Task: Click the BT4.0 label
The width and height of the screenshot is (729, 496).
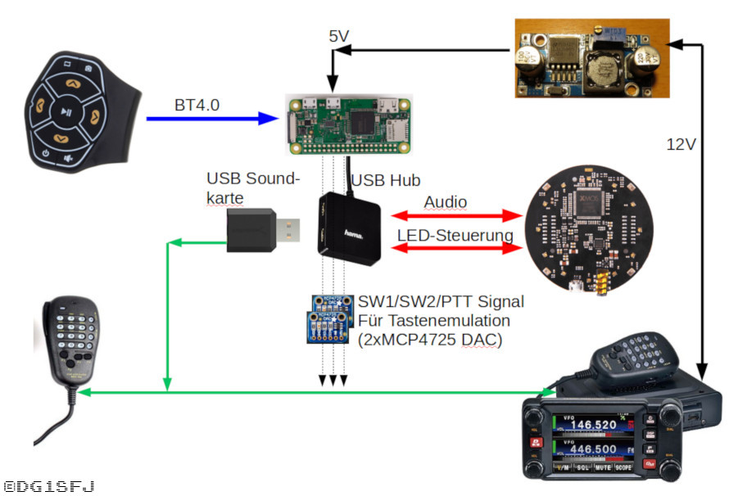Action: coord(197,106)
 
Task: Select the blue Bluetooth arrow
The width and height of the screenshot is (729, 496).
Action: coord(213,119)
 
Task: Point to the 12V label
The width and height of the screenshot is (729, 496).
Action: coord(681,145)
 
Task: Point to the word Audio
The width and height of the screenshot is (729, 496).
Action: coord(446,201)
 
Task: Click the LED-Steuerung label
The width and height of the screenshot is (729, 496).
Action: coord(455,236)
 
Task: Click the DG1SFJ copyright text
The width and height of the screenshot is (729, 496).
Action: coord(49,486)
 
